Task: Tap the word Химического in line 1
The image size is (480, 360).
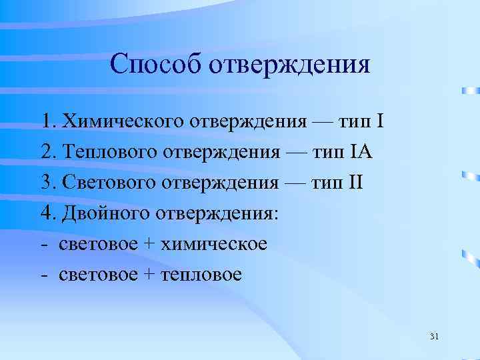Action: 123,122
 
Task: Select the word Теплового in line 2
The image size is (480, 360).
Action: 108,152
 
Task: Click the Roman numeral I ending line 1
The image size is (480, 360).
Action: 380,122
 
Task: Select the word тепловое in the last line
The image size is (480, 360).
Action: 203,274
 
